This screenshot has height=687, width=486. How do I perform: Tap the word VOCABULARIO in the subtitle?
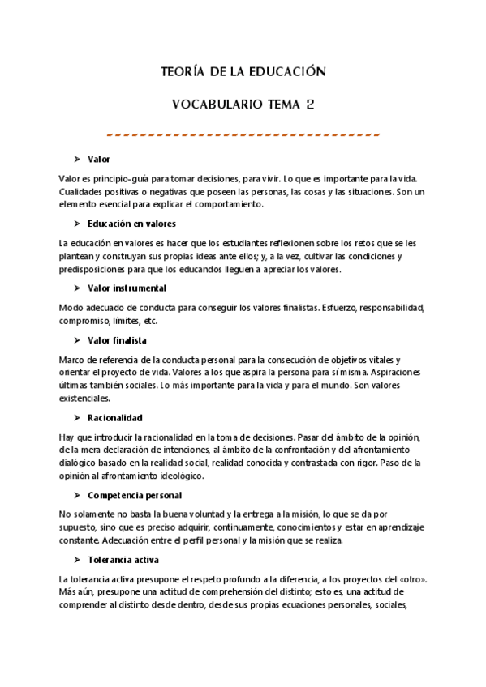213,105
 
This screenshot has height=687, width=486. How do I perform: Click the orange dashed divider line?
243,134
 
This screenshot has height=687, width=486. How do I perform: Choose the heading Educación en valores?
131,224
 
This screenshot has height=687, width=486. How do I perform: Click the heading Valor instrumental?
127,288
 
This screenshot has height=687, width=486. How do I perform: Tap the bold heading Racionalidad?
114,418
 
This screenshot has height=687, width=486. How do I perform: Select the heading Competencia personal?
134,495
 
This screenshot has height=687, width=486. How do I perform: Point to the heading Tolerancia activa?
123,560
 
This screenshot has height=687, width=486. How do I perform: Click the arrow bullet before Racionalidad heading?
75,418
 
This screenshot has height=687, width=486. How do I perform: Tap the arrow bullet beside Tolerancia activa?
75,560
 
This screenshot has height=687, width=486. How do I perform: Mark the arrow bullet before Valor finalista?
75,339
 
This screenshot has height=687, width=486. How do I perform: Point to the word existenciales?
86,398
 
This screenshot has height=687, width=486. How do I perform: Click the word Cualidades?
84,192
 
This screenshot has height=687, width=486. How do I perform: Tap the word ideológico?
177,476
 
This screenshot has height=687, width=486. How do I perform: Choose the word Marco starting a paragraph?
73,359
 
